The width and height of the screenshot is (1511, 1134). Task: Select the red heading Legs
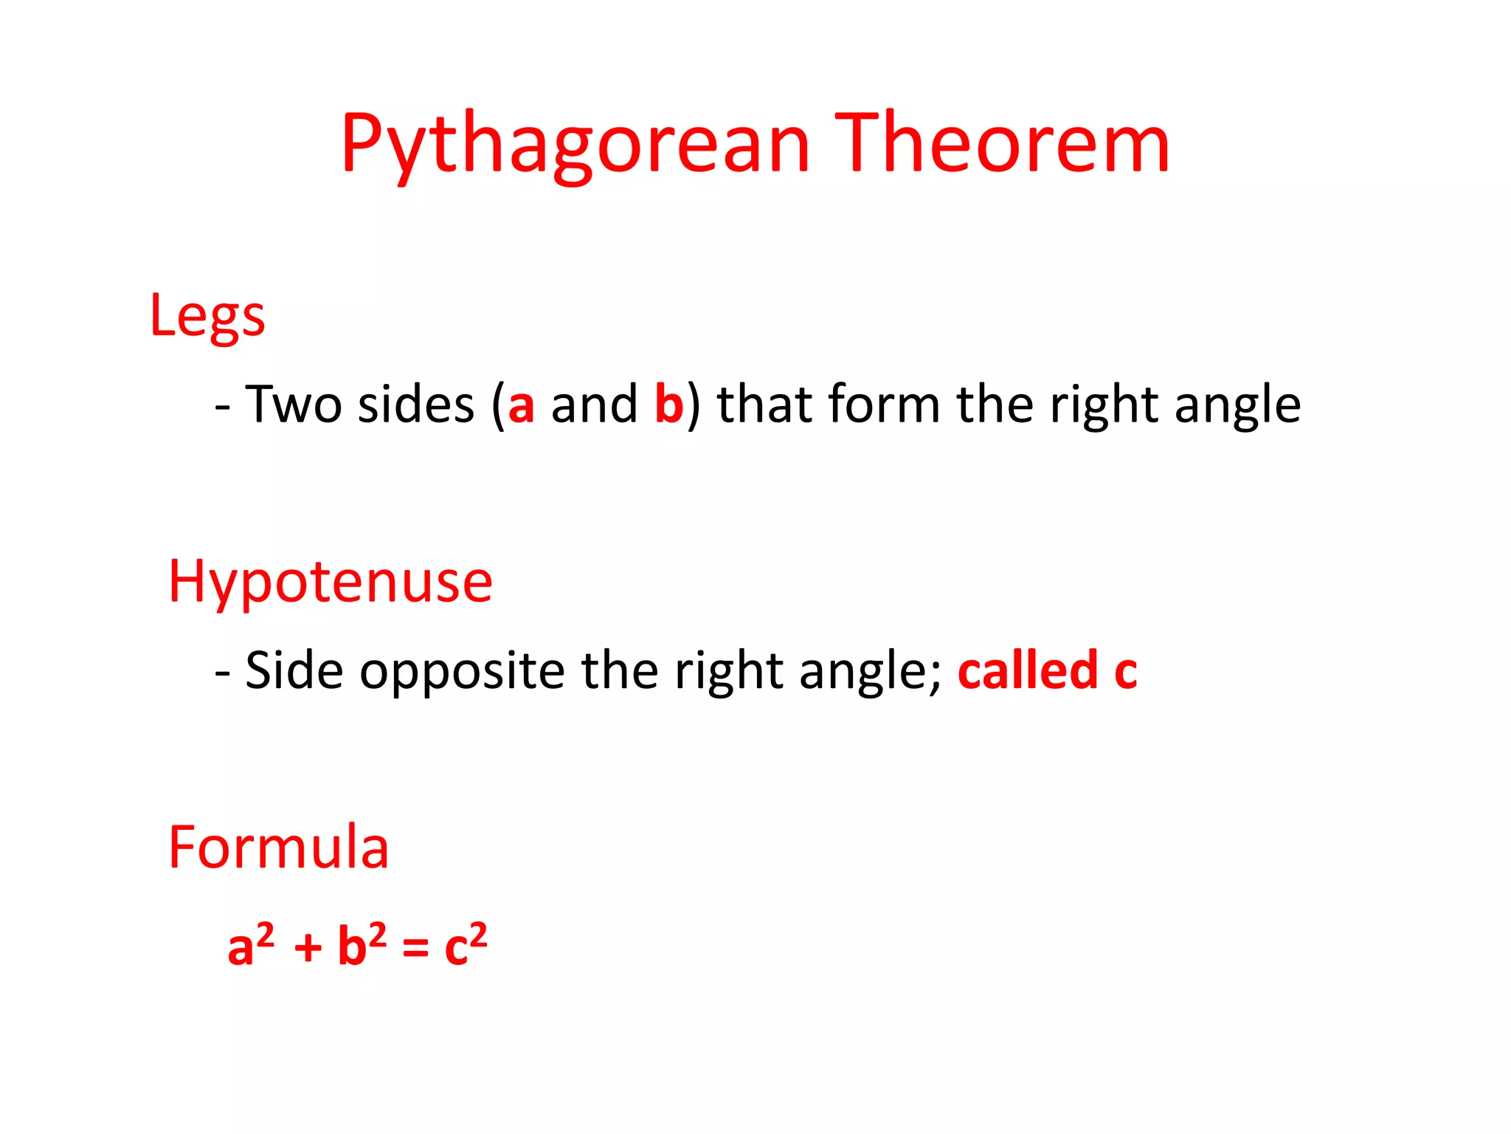(207, 316)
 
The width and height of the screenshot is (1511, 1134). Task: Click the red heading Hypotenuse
(330, 582)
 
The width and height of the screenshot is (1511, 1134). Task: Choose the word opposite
(462, 671)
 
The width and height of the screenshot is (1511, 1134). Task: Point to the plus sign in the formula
(308, 948)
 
